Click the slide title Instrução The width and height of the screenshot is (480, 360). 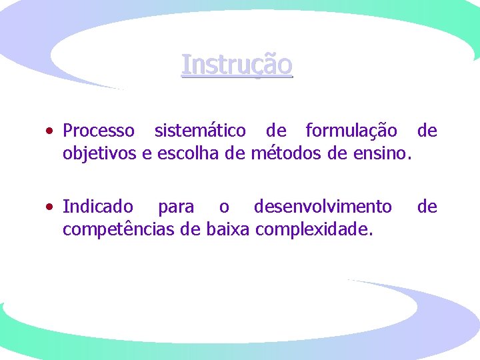tap(237, 65)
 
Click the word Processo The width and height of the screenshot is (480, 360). tap(98, 131)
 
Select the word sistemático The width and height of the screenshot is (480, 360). tap(199, 131)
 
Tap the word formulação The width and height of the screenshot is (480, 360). tap(351, 131)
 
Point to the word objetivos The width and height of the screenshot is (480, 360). tap(100, 155)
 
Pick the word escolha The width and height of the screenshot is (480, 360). tap(192, 154)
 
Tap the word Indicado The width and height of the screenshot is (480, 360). tap(97, 207)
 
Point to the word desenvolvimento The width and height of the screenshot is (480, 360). tap(323, 207)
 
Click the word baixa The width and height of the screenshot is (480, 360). tap(226, 230)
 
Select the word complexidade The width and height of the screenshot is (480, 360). tap(315, 231)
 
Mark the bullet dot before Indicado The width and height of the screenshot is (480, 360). tap(51, 207)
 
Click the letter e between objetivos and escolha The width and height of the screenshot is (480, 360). tap(148, 155)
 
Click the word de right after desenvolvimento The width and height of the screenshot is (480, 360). tap(427, 207)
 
